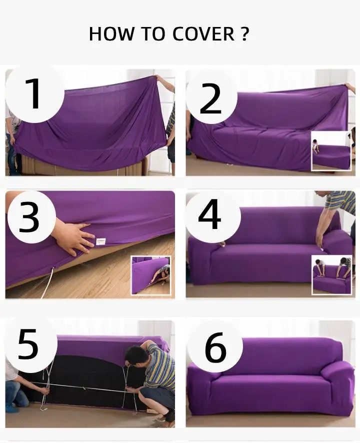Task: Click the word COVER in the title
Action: [203, 34]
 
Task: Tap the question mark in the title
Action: [245, 34]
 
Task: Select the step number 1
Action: [34, 94]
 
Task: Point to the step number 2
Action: [210, 99]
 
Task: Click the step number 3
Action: [29, 218]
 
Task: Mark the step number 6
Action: [215, 347]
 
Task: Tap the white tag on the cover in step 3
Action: [101, 241]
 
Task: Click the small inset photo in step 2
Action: [331, 151]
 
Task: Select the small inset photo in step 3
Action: [151, 275]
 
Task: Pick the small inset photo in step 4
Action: [331, 275]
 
